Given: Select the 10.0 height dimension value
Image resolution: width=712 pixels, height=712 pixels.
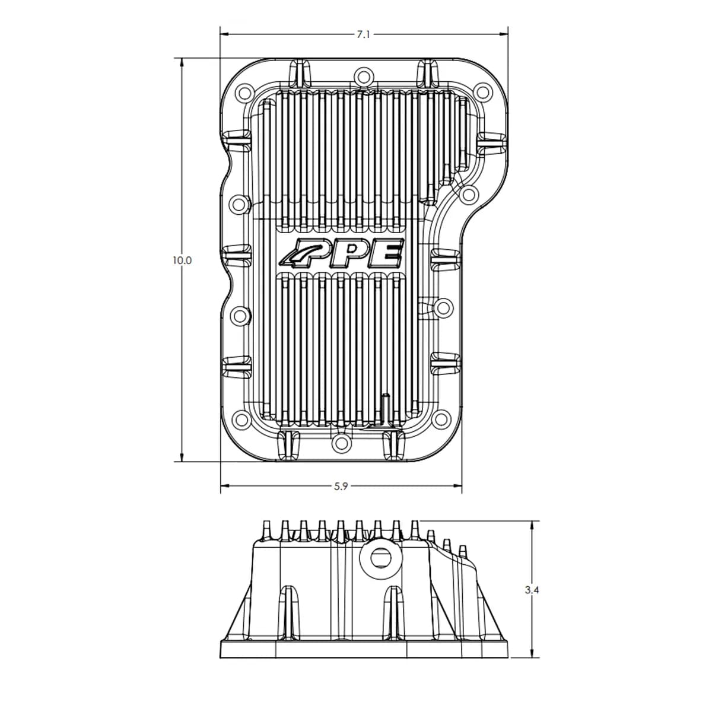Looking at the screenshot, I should click(182, 260).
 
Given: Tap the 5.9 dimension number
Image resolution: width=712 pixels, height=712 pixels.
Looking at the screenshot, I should click(341, 487).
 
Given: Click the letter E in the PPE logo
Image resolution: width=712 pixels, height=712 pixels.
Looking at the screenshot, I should click(389, 253).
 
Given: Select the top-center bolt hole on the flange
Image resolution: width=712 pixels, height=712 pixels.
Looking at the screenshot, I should click(363, 77).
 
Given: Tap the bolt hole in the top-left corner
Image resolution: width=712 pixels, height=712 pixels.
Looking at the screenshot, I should click(243, 94).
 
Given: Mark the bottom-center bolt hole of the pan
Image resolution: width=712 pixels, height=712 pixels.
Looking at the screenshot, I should click(340, 442).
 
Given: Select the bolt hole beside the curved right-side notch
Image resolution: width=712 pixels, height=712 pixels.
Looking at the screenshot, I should click(468, 194).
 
